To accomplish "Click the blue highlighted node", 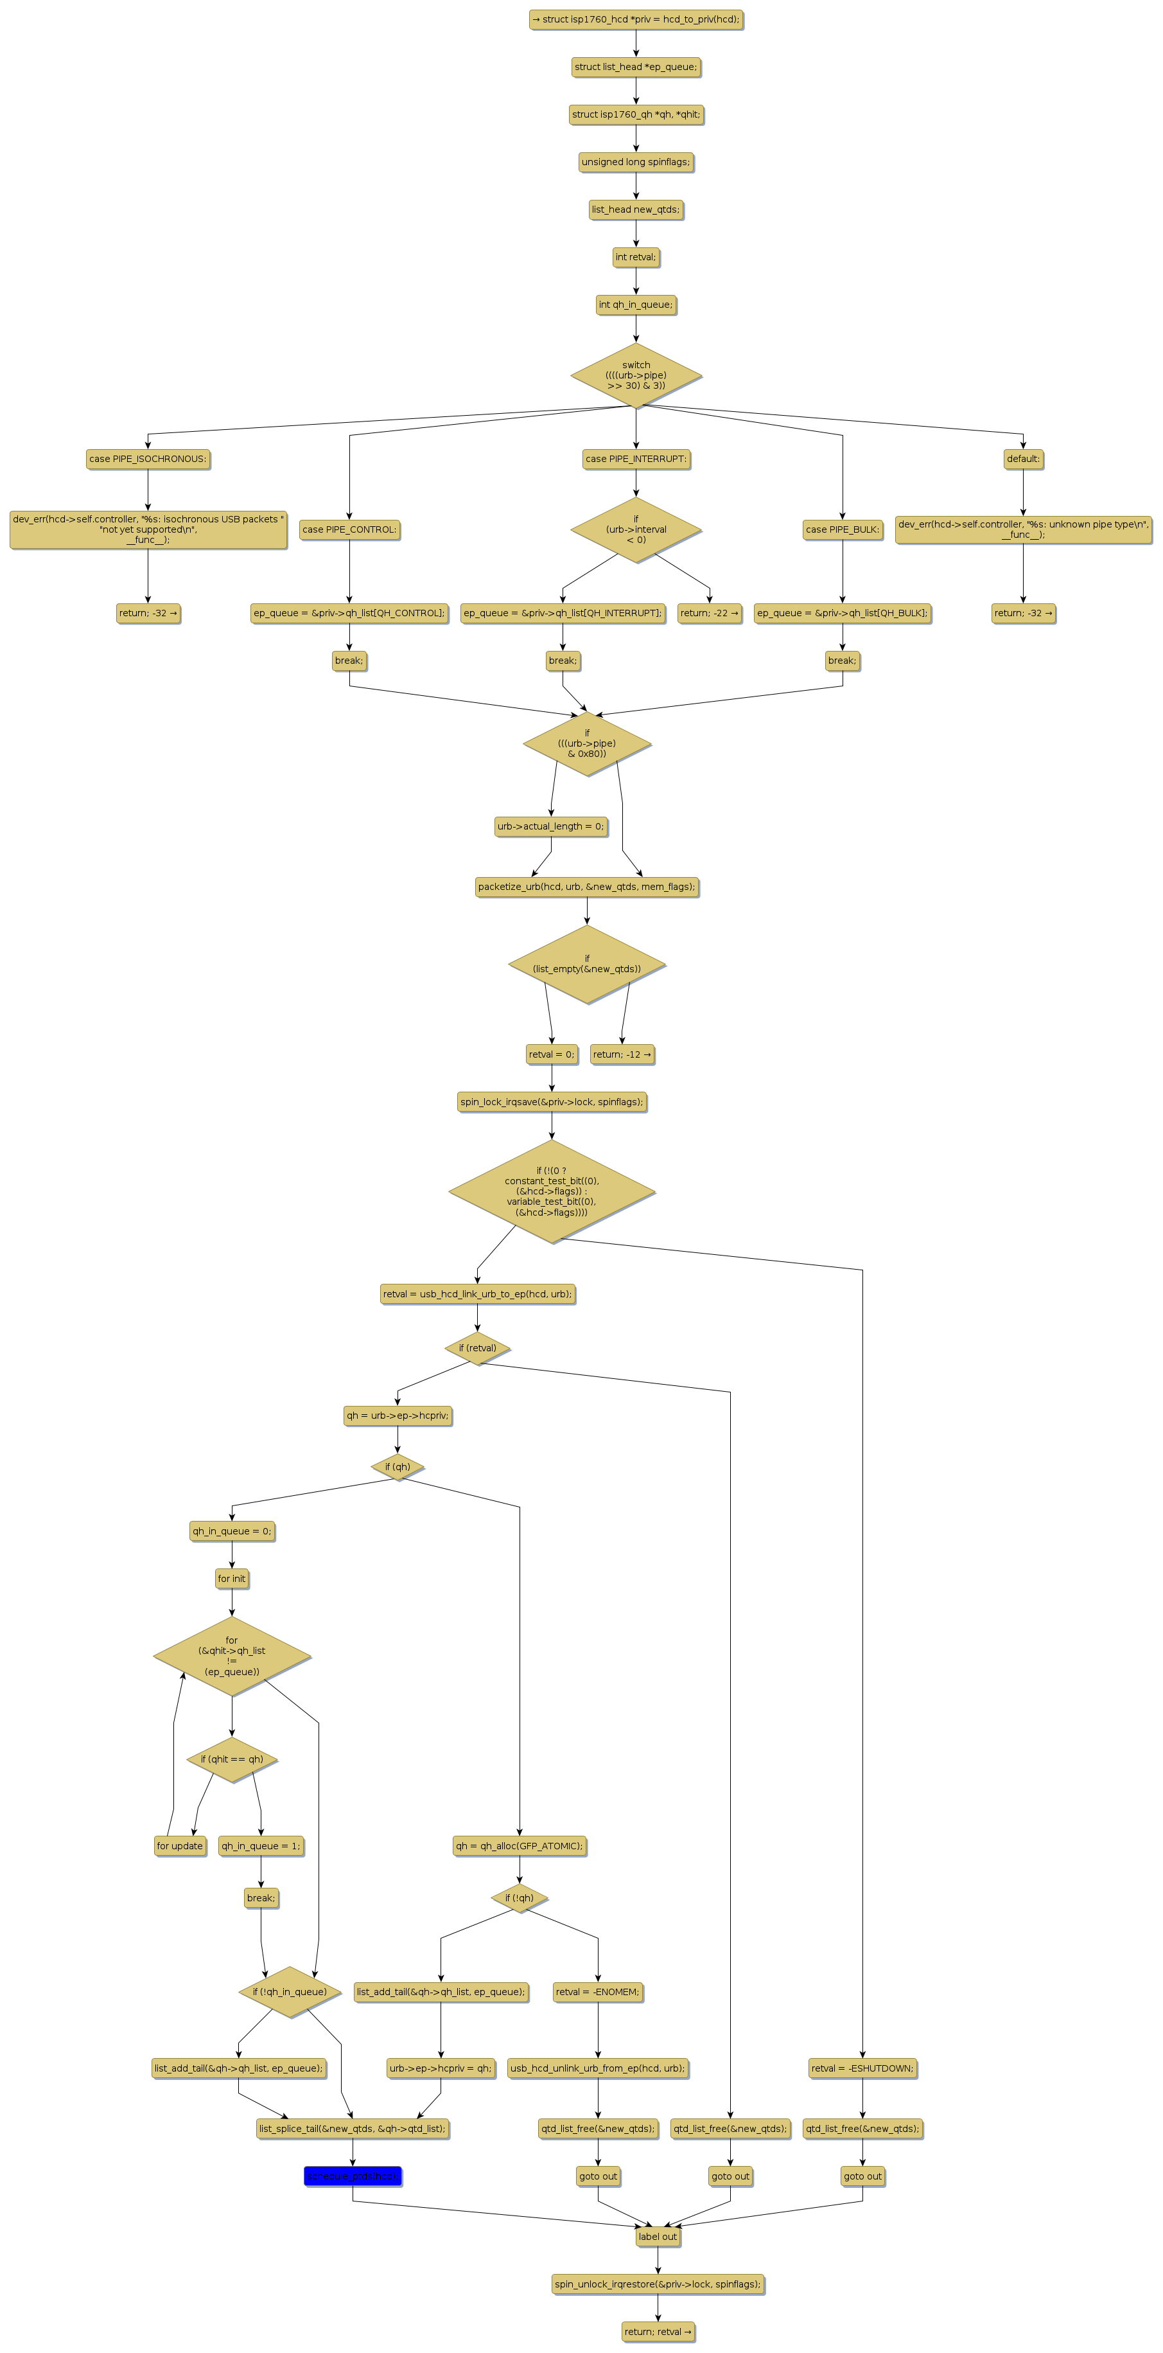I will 353,2176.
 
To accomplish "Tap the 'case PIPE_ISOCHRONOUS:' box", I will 148,459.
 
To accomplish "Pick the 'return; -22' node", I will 710,613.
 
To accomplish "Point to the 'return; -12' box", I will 622,1054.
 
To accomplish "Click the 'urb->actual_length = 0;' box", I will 550,826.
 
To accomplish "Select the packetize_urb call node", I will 586,886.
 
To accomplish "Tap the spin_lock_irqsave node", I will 552,1101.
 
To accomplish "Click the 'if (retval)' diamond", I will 477,1347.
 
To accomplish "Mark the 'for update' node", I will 180,1846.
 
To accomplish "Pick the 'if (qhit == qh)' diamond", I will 232,1759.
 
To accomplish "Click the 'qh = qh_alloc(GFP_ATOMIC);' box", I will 520,1846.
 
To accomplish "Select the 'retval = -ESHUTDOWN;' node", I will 862,2068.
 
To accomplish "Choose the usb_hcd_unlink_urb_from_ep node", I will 598,2068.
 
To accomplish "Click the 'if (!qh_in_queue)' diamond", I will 290,1991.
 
